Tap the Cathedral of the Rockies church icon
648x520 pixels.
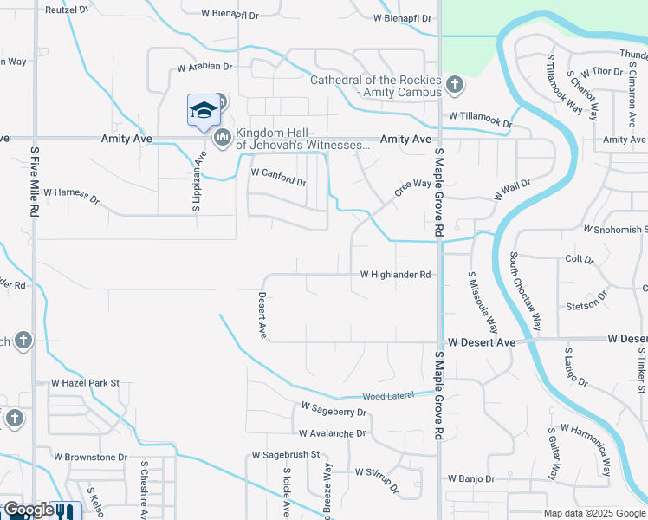[455, 85]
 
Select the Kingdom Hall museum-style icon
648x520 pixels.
[222, 137]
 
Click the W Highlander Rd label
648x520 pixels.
[396, 275]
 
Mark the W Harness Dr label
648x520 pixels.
[72, 197]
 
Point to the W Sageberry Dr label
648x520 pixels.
[334, 410]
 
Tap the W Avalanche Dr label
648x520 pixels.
[332, 433]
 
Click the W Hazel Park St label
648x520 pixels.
[85, 382]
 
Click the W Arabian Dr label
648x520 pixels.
[205, 66]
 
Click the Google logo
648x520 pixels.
[29, 510]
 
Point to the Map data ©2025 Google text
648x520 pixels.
[593, 513]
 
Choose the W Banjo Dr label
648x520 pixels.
[471, 478]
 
